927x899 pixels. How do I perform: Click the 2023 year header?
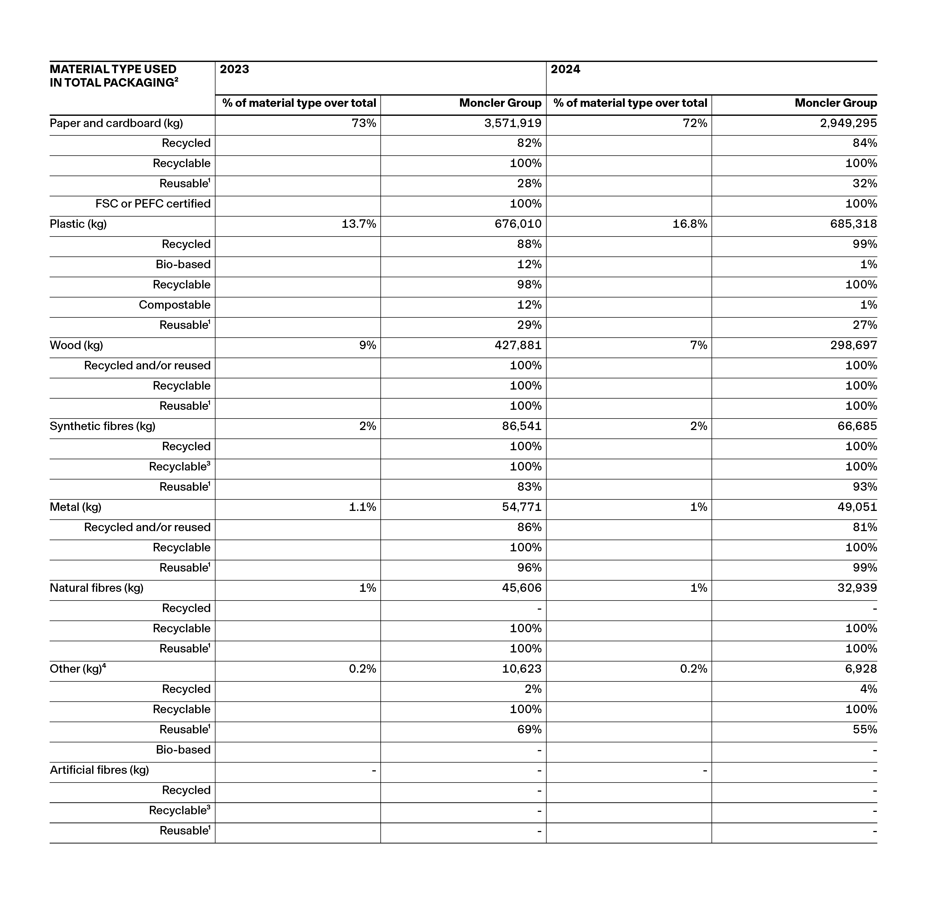point(235,69)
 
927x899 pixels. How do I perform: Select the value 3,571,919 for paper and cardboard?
point(513,123)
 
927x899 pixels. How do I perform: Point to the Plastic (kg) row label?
point(78,224)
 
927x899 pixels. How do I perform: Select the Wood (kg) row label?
point(76,346)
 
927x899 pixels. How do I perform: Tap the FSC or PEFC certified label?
point(153,204)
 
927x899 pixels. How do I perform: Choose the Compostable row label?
point(174,305)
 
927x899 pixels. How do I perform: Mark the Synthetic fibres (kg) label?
point(103,427)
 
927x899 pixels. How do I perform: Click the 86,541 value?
point(522,427)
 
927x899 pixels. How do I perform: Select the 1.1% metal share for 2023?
point(362,507)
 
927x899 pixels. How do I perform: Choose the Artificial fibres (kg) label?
point(99,770)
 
